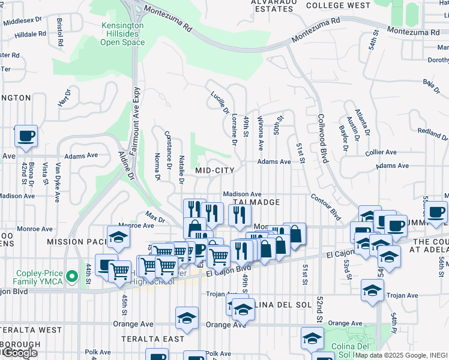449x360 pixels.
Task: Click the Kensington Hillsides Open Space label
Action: (122, 34)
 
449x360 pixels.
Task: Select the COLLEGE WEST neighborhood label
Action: (338, 5)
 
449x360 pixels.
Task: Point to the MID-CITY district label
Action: (214, 171)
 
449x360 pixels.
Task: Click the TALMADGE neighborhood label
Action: (257, 203)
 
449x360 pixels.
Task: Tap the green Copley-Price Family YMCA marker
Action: (72, 277)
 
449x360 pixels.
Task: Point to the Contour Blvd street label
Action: (326, 207)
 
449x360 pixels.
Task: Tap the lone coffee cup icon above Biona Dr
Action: (26, 136)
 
